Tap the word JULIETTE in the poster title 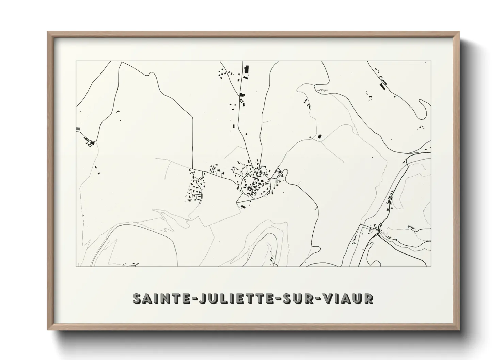coord(234,298)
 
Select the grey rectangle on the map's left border coord(78,128)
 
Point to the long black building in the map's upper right coord(383,87)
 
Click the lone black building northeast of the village coord(319,136)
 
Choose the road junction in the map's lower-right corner coord(378,231)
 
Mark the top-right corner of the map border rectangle coord(431,61)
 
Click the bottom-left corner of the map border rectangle coord(76,267)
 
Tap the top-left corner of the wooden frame coord(48,32)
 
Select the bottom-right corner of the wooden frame coord(459,330)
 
